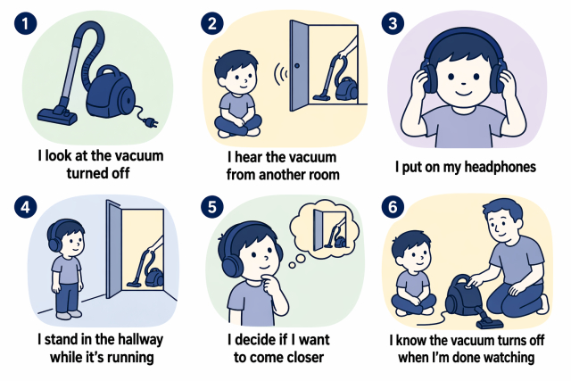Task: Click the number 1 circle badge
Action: tap(26, 24)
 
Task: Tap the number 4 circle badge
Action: tap(26, 207)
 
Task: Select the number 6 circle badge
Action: tap(393, 207)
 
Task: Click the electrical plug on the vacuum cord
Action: tap(152, 123)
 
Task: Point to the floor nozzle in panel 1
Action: tap(57, 115)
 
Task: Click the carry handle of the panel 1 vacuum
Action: tap(108, 72)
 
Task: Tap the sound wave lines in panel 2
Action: tap(280, 74)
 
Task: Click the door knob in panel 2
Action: tap(297, 66)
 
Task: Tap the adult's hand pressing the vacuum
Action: tap(474, 282)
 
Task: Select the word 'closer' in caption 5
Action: tap(303, 357)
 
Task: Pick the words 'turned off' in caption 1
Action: tap(98, 173)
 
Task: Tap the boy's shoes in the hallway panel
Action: tap(69, 315)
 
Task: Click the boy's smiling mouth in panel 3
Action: tap(463, 92)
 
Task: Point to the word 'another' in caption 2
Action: tap(281, 175)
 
